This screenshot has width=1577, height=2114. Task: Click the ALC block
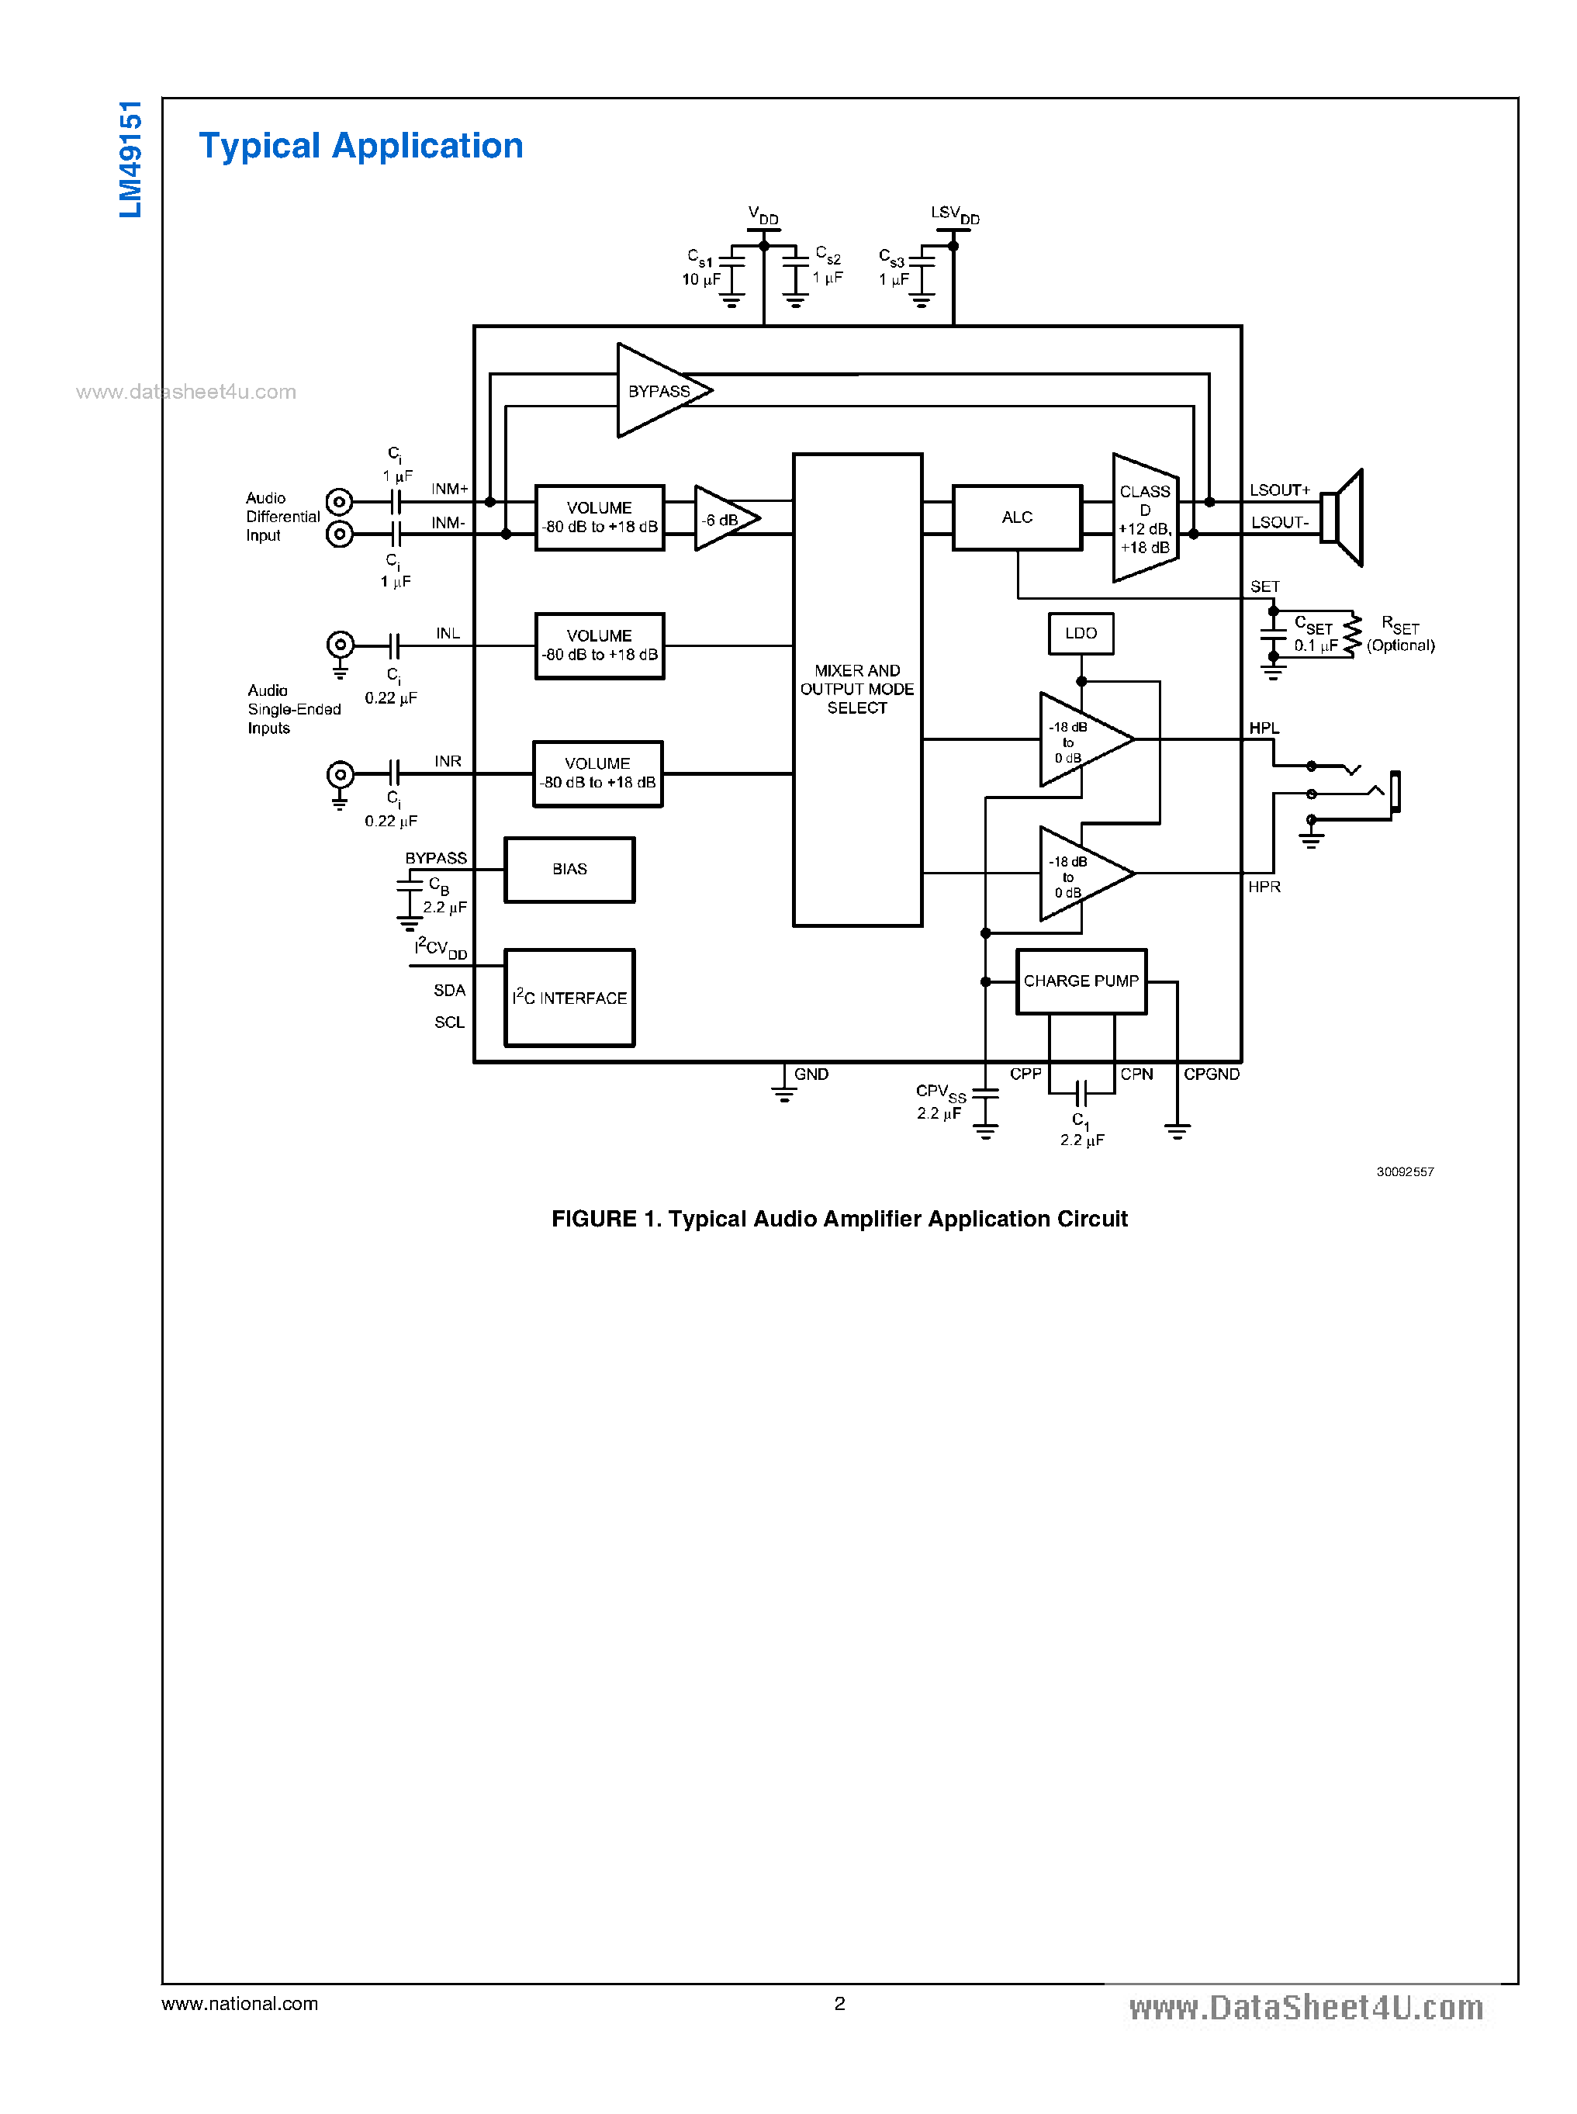tap(1017, 517)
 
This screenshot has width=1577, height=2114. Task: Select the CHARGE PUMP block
tap(1081, 981)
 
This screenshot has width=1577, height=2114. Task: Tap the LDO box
tap(1081, 634)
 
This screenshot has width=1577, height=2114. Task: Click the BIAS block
tap(569, 870)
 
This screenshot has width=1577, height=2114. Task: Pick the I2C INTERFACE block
tap(569, 998)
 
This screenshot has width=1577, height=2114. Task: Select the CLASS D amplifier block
tap(1145, 518)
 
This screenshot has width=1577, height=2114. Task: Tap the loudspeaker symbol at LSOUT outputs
tap(1344, 518)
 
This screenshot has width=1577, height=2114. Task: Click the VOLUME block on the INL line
tap(600, 645)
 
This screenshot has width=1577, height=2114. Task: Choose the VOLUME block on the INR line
tap(597, 773)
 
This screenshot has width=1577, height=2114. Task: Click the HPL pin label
tap(1264, 728)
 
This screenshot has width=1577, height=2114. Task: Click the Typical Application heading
tap(361, 146)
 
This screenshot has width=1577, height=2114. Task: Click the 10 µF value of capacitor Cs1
tap(700, 280)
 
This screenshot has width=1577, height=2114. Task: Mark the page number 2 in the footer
tap(839, 2004)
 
